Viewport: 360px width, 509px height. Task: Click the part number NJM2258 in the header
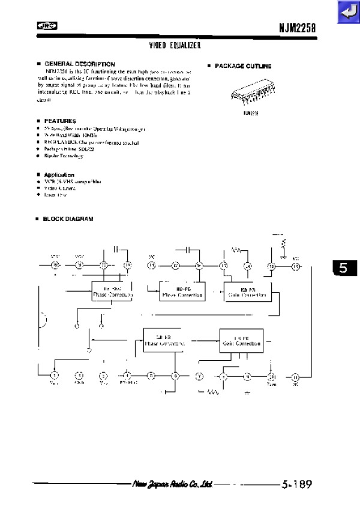point(297,27)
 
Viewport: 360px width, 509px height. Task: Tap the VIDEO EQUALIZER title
point(175,45)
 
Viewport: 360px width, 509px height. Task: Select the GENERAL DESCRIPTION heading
point(79,64)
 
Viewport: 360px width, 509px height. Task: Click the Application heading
point(59,175)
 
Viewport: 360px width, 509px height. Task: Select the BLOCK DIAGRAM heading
point(67,219)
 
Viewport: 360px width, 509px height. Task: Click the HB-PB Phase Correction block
point(182,292)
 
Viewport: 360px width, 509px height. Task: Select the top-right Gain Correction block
point(247,292)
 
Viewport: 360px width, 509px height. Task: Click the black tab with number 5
point(343,268)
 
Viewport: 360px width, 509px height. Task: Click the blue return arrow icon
point(347,11)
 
